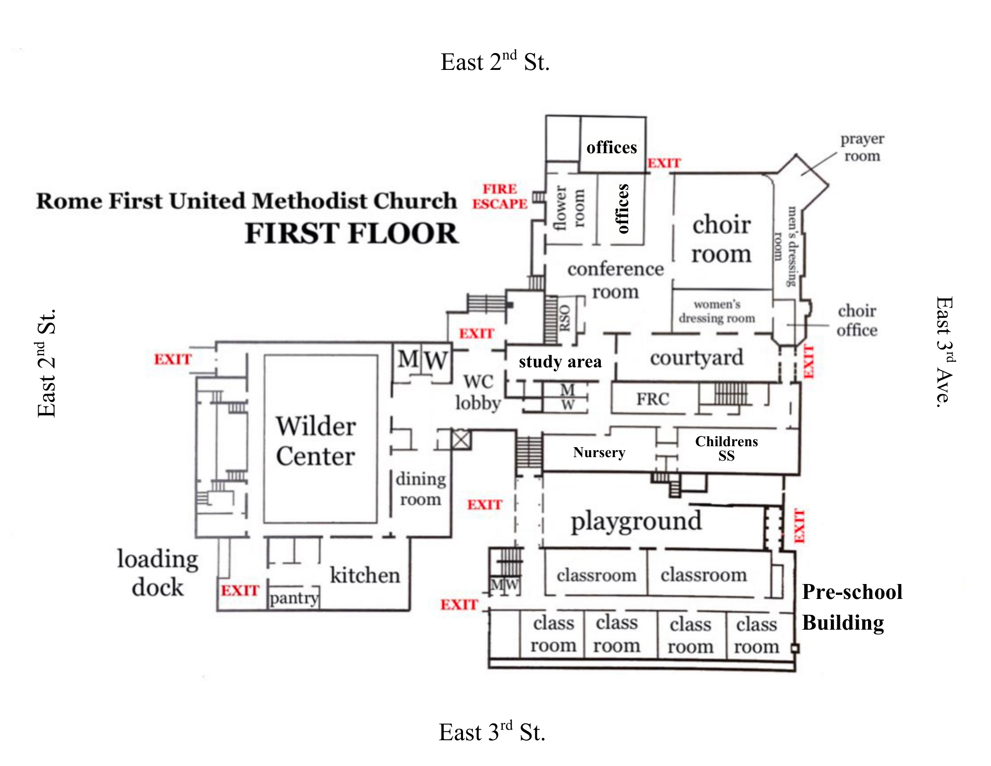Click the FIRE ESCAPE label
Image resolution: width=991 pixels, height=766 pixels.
coord(500,197)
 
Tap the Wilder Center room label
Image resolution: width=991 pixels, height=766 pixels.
coord(316,441)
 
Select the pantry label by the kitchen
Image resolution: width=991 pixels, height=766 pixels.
coord(293,598)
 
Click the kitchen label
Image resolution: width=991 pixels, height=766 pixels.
coord(365,575)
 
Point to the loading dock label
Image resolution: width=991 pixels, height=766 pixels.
coord(158,573)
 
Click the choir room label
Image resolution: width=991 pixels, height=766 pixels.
coord(721,239)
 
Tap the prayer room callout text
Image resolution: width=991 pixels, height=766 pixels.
coord(862,147)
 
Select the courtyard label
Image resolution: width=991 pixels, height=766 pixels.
coord(697,357)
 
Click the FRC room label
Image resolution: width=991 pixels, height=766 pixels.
coord(653,399)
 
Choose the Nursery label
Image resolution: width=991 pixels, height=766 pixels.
coord(599,452)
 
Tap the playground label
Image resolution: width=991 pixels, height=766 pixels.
coord(636,521)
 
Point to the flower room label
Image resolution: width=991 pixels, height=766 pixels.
coord(569,208)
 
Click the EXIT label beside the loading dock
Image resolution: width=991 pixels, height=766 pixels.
coord(240,590)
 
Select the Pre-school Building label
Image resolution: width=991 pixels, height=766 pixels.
coord(852,607)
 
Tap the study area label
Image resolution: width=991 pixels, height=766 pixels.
coord(560,362)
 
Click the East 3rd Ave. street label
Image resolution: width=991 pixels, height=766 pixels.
coord(944,352)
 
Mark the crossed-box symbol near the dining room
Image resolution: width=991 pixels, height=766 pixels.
coord(461,439)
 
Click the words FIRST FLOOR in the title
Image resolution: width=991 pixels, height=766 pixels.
coord(351,234)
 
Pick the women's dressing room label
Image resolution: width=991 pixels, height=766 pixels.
coord(717,311)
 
